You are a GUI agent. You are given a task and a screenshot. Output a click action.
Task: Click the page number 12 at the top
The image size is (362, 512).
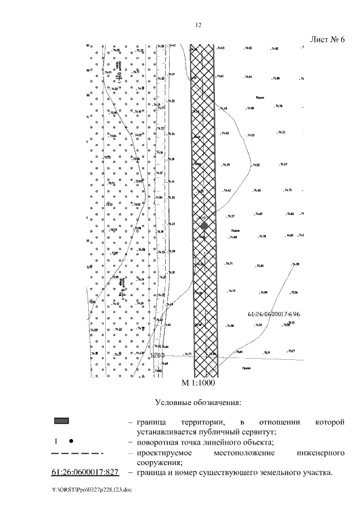198,25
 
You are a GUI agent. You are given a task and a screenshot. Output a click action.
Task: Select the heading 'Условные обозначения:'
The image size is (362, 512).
198,402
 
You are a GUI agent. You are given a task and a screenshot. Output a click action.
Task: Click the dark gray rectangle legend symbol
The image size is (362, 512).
62,421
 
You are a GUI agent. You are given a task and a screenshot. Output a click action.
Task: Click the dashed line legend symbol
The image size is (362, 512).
76,453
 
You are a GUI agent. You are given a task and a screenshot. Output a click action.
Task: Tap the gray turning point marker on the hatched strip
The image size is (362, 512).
204,226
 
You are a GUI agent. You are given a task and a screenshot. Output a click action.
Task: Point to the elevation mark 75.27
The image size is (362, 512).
292,351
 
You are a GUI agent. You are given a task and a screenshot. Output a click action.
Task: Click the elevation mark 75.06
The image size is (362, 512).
294,292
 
